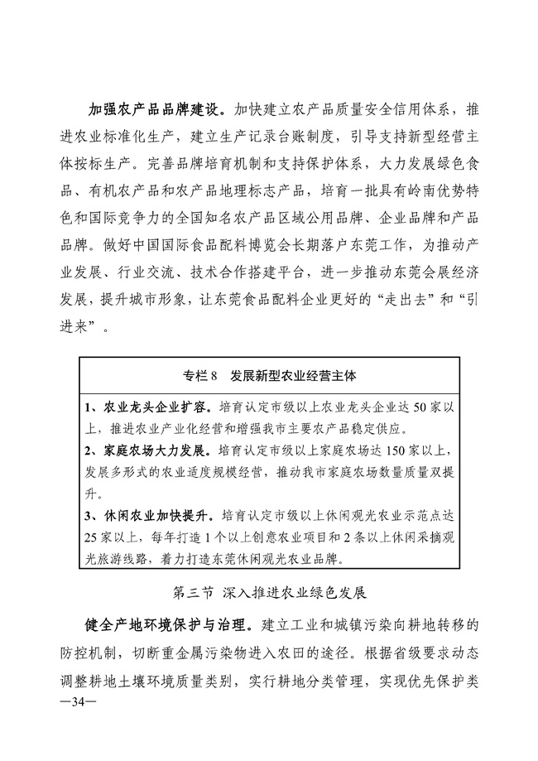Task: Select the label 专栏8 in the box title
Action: [199, 375]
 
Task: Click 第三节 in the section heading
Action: [193, 594]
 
